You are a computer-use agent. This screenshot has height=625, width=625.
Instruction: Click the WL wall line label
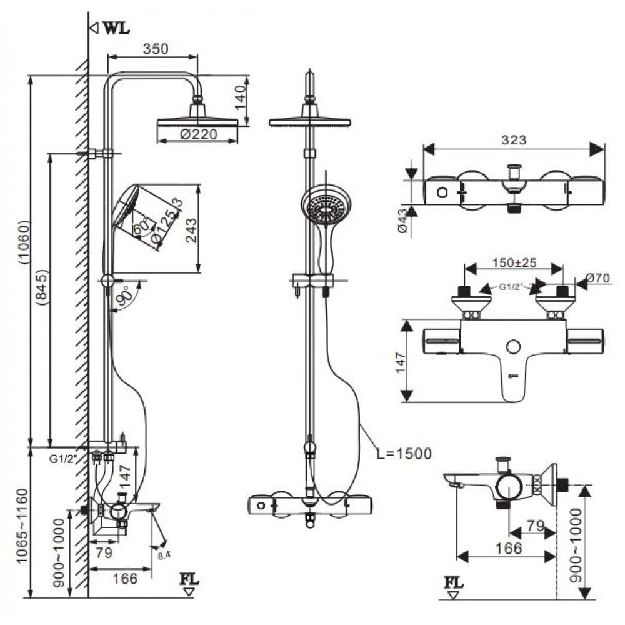(x=116, y=29)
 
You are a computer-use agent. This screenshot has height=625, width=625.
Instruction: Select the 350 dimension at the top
(x=156, y=49)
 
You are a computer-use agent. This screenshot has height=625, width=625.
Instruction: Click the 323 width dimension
(x=514, y=140)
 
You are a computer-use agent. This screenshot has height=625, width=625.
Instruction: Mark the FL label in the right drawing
(x=454, y=582)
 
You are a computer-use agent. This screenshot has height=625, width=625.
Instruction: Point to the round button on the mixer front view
(x=514, y=347)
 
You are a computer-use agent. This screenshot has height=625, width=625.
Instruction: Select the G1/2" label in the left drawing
(x=62, y=459)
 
